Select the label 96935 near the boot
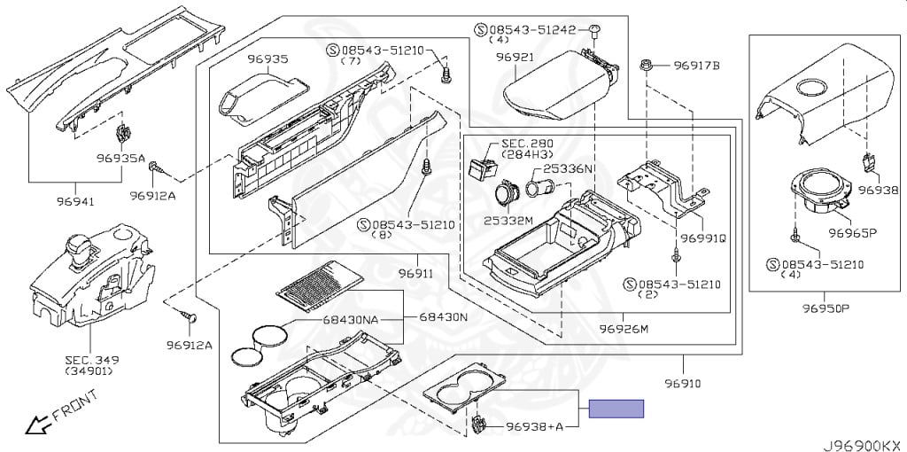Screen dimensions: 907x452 coord(267,59)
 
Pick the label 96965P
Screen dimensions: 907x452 coord(852,234)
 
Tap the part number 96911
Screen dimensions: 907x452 coord(415,273)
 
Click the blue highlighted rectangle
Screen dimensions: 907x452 coord(617,409)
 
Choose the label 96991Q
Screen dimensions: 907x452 coord(704,238)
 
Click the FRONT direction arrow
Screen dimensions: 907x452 coord(36,426)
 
